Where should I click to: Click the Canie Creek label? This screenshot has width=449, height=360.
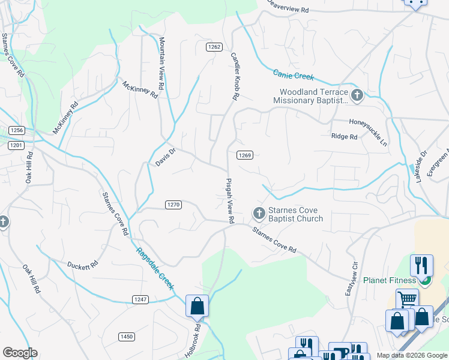(294, 75)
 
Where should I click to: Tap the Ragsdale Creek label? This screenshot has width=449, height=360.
(154, 269)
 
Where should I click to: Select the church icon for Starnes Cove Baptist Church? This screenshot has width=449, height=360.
(259, 214)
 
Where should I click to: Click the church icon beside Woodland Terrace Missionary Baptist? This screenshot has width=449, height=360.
(357, 95)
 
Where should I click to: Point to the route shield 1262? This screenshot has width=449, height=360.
(214, 47)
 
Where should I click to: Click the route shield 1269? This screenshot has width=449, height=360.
(244, 155)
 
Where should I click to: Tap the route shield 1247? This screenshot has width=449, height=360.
(140, 299)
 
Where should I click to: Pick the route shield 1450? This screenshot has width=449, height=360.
(126, 337)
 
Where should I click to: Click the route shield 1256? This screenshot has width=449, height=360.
(16, 130)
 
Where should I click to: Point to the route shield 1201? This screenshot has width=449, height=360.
(16, 145)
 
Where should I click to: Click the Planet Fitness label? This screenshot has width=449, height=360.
(390, 280)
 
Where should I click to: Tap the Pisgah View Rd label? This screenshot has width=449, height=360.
(229, 200)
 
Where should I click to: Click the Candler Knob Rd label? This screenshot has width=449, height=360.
(235, 76)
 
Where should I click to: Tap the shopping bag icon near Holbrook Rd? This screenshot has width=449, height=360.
(197, 306)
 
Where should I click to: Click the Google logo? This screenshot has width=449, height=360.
(20, 353)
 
